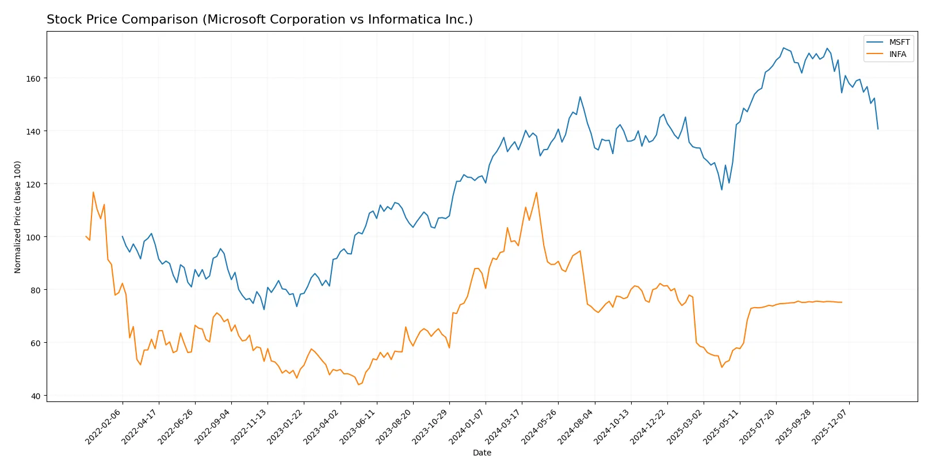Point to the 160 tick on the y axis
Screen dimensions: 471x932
(x=33, y=78)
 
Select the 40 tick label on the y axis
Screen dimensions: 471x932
(x=35, y=396)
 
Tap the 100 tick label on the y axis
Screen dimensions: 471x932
(x=33, y=237)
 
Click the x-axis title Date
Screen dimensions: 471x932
(x=482, y=453)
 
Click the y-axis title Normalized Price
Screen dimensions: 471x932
(x=18, y=217)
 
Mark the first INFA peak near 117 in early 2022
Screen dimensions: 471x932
(x=93, y=192)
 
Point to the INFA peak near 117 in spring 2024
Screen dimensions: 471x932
(x=536, y=193)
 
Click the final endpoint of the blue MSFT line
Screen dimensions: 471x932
(x=878, y=129)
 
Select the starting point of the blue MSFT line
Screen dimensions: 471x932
(x=122, y=236)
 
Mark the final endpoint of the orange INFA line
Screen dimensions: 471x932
(x=842, y=302)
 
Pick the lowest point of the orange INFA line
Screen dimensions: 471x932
(x=358, y=384)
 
